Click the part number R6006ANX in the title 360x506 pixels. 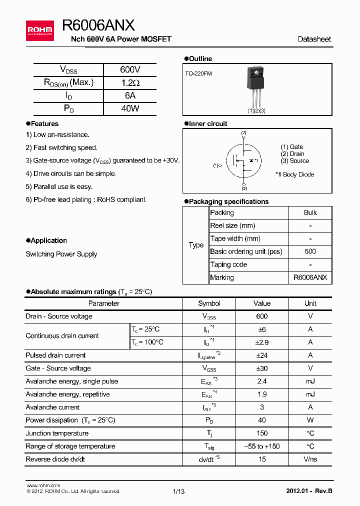98,25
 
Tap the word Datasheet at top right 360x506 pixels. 314,39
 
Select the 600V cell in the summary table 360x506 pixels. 130,70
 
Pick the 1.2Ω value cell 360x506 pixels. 130,83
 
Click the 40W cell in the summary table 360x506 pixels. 130,108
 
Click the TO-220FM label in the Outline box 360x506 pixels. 198,73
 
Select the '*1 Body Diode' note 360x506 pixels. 294,174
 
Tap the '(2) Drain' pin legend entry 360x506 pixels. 292,154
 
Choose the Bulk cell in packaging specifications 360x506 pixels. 310,212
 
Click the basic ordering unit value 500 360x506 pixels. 310,251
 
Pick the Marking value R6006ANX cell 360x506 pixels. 310,277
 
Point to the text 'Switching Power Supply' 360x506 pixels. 61,254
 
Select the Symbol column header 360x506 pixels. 209,303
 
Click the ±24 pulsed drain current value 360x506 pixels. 261,355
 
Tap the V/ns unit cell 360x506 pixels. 310,459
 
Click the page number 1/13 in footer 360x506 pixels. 179,491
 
